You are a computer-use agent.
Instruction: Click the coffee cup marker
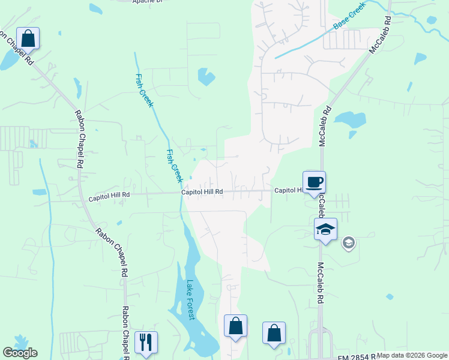(314, 182)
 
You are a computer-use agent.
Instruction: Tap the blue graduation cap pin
(325, 230)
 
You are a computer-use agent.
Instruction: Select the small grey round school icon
(348, 243)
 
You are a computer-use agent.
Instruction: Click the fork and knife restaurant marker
(146, 343)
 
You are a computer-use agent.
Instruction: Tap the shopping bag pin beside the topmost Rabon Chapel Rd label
(28, 39)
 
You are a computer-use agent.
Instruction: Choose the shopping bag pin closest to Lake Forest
(235, 326)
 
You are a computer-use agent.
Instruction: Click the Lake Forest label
(190, 300)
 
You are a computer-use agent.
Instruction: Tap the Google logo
(20, 353)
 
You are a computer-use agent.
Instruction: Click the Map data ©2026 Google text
(412, 356)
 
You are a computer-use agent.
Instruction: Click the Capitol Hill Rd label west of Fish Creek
(109, 196)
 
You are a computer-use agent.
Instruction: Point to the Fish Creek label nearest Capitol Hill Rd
(173, 166)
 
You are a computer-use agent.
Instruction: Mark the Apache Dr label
(147, 2)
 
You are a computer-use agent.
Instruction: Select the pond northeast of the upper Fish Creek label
(206, 76)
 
